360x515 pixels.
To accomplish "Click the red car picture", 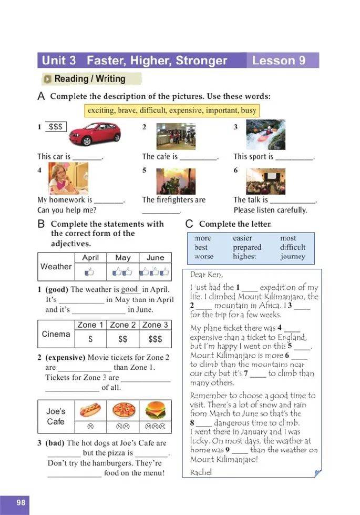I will click(x=94, y=134).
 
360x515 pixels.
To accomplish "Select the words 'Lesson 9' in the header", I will click(x=279, y=60).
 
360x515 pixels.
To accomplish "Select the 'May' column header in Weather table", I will click(x=123, y=258).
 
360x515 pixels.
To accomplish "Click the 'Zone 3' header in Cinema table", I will click(x=155, y=325).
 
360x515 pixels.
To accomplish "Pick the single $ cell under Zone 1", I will click(x=91, y=339).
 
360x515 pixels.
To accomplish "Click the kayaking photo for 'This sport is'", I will click(x=266, y=135).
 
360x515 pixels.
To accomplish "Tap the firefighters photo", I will click(x=176, y=182).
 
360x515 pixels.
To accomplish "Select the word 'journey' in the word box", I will click(x=292, y=257).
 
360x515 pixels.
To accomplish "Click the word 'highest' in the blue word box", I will click(x=244, y=257).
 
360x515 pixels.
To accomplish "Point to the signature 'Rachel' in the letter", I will click(x=200, y=472).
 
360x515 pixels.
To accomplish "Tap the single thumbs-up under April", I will click(x=90, y=272).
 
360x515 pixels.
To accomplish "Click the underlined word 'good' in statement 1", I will click(x=129, y=289).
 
